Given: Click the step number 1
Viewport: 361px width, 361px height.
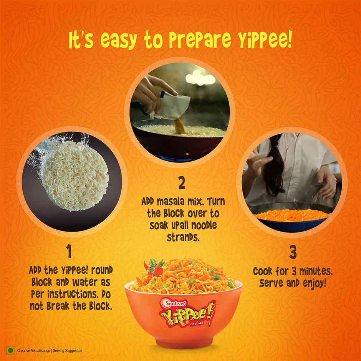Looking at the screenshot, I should (69, 252).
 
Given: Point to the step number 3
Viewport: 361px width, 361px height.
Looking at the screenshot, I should (293, 252).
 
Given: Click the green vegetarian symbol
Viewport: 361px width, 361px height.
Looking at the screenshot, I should (10, 351).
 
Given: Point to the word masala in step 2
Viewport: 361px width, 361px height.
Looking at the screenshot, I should (172, 201).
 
